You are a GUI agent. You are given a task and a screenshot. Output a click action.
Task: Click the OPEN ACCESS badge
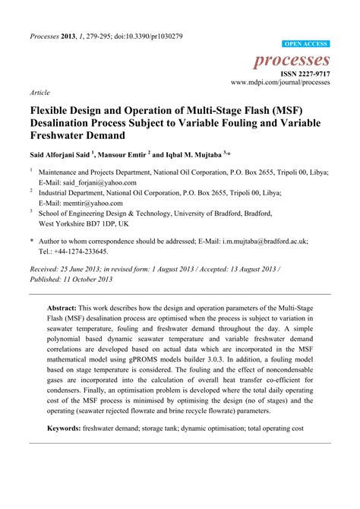tap(305, 45)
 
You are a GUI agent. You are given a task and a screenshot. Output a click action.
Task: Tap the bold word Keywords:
tap(69, 429)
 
